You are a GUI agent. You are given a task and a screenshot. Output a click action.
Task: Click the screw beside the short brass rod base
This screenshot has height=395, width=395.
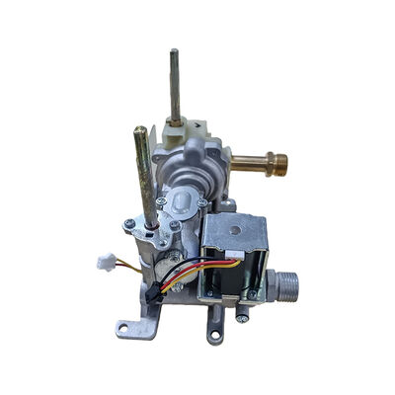tap(130, 225)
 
